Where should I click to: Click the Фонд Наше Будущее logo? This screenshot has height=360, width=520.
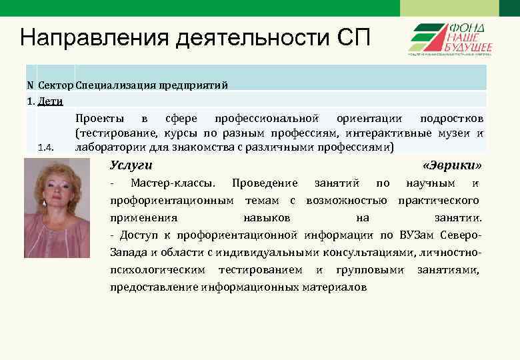point(450,39)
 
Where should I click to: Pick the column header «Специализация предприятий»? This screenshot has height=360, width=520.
point(152,85)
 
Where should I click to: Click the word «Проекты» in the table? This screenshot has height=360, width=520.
point(99,119)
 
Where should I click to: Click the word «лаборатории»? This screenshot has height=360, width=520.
point(107,147)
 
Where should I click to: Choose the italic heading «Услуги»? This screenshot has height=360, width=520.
point(131,165)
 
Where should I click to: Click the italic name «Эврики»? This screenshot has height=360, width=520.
point(451,165)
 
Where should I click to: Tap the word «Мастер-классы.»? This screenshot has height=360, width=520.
point(173,183)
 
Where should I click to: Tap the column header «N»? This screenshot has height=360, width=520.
point(29,85)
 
